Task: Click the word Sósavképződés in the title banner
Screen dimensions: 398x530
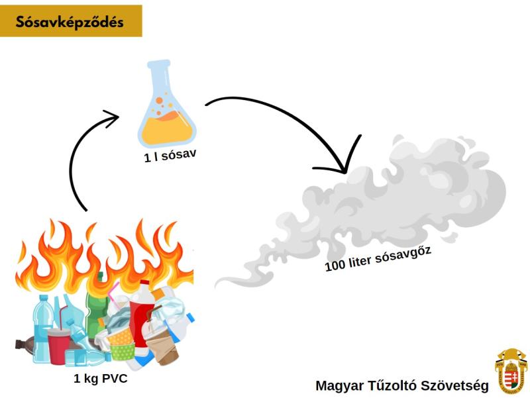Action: (x=71, y=21)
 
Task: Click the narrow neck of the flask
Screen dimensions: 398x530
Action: (x=160, y=77)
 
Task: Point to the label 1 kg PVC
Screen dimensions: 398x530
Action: (x=100, y=379)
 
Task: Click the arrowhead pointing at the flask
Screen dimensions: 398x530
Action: (x=111, y=119)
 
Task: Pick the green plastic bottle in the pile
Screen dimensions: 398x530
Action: (x=96, y=298)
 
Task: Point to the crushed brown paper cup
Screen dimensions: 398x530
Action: (x=164, y=348)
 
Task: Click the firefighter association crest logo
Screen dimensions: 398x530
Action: (x=511, y=372)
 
